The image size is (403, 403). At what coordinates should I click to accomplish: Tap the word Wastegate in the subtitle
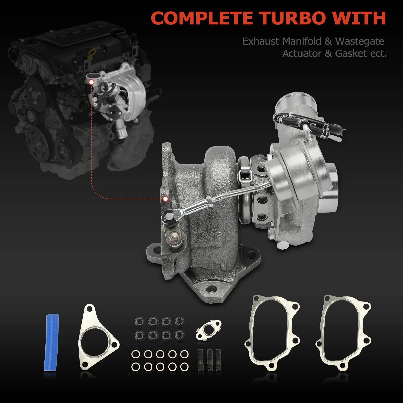pyautogui.click(x=360, y=42)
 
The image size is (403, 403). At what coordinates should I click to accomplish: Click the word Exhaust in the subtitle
pyautogui.click(x=261, y=41)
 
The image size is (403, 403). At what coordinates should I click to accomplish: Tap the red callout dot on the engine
pyautogui.click(x=91, y=82)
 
